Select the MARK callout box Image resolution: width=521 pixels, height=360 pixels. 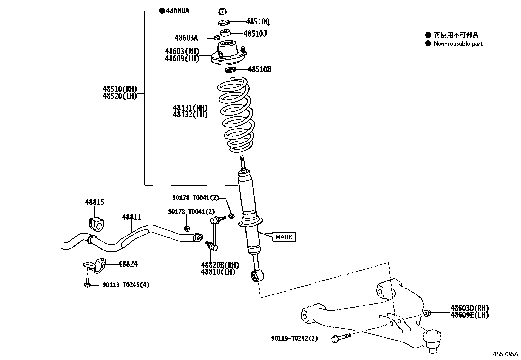(x=284, y=237)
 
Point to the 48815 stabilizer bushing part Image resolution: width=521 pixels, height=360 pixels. (x=95, y=223)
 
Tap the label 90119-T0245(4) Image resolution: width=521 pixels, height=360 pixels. (x=126, y=285)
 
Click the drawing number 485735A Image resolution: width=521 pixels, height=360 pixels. (x=506, y=354)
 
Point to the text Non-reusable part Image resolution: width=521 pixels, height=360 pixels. (x=458, y=44)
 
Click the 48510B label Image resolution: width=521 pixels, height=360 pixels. (x=259, y=69)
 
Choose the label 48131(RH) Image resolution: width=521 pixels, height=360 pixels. (x=190, y=108)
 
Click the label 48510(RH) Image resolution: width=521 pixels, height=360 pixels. (x=120, y=89)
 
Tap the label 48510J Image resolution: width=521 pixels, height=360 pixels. (x=255, y=33)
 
